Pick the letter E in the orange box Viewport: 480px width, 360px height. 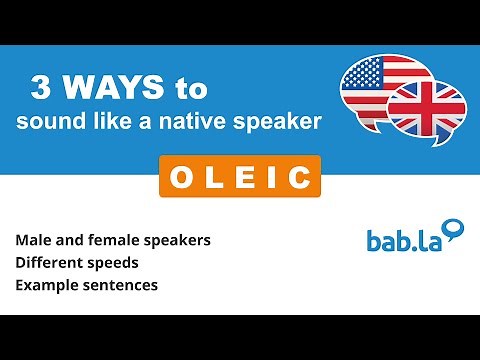coord(240,177)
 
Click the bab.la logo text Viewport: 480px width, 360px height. coord(402,241)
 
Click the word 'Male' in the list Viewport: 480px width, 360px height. coord(34,242)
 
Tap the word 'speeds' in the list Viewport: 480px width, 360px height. coord(112,264)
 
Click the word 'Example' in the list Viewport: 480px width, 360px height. coord(45,286)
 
